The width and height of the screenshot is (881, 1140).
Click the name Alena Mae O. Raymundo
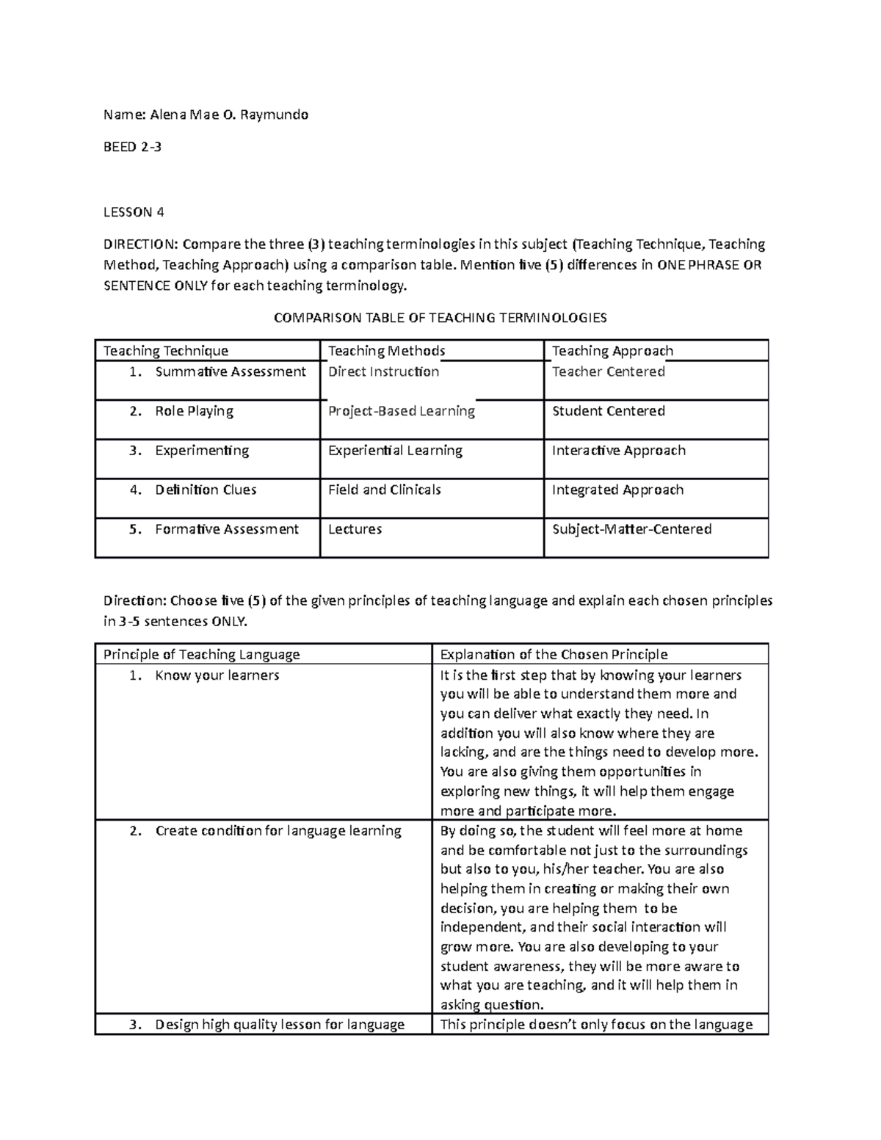pos(229,115)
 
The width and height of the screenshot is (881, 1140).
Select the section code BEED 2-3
pos(132,147)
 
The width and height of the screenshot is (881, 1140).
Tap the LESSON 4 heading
pos(134,212)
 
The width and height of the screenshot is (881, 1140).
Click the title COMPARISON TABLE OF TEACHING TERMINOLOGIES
pos(440,318)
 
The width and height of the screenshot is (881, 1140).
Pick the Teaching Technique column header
pos(166,351)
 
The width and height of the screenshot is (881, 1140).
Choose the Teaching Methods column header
pos(386,351)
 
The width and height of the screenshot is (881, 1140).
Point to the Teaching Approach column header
pos(612,351)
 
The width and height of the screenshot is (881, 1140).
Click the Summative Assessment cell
pos(230,371)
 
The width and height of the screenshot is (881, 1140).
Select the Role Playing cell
pos(194,411)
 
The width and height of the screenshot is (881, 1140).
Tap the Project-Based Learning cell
pos(402,411)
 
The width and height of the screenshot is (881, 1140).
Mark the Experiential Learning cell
pos(395,451)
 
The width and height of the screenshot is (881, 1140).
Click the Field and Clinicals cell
pos(384,490)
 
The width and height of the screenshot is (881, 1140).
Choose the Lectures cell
pos(355,529)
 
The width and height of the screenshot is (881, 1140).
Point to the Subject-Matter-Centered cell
pos(631,529)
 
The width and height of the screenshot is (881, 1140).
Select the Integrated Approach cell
pos(617,490)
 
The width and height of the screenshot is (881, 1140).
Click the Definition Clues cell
pos(206,490)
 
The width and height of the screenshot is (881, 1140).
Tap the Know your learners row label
pos(217,675)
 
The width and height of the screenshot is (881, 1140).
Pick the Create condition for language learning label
pos(278,831)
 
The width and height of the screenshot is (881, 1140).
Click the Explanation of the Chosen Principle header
pos(554,654)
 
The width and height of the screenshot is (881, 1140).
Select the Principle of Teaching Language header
pos(202,654)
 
